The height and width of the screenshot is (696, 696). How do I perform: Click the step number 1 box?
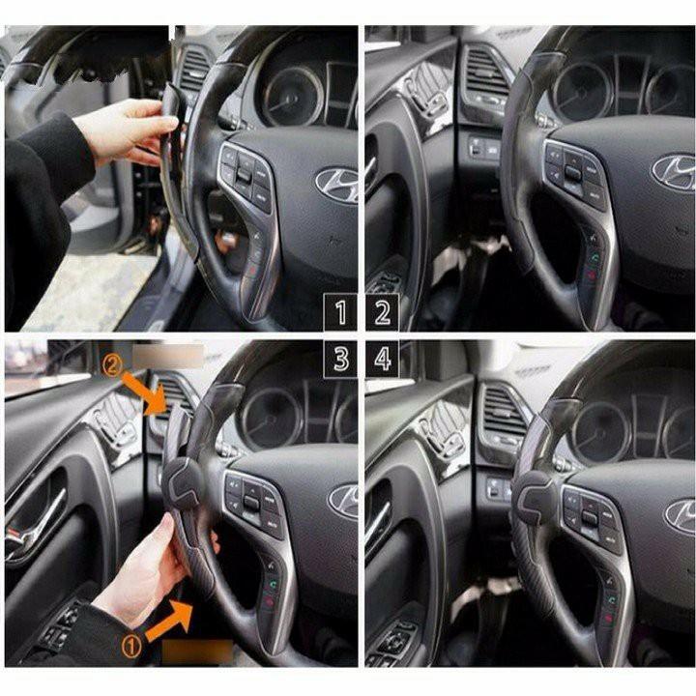click(x=340, y=312)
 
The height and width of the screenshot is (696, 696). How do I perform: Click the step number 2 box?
click(x=382, y=312)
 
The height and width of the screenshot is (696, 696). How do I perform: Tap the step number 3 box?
click(x=340, y=359)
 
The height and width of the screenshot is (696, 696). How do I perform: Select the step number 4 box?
click(x=382, y=359)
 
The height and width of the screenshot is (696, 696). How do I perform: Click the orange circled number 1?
click(x=131, y=647)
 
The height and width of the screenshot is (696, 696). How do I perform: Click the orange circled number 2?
click(x=111, y=366)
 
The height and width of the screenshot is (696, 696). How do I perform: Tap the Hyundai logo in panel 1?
click(x=338, y=185)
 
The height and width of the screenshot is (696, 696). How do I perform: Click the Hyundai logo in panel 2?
click(x=674, y=173)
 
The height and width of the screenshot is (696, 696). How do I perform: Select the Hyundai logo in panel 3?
click(x=343, y=501)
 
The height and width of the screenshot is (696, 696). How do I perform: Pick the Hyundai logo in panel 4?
click(x=681, y=516)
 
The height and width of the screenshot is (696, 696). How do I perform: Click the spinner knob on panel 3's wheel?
click(x=183, y=483)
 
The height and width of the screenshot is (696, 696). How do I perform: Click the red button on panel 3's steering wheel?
click(x=270, y=602)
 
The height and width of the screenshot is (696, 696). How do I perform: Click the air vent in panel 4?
click(x=502, y=414)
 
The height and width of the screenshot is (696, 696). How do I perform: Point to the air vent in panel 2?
click(x=486, y=73)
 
